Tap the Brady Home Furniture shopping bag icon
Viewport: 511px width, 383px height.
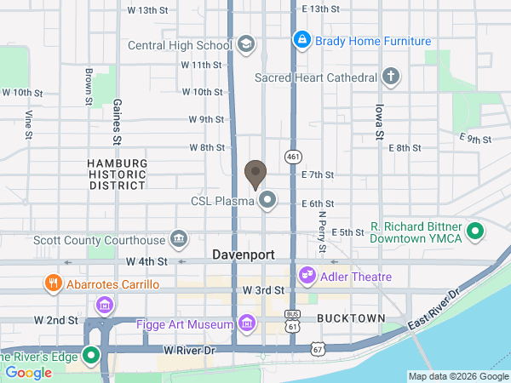click(x=301, y=39)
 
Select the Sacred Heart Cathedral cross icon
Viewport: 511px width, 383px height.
click(x=391, y=77)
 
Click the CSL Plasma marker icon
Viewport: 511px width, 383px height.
click(x=268, y=201)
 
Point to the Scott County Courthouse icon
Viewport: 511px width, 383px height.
click(x=179, y=239)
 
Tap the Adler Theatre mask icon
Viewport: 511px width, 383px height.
click(x=307, y=277)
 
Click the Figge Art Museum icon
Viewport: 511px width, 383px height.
click(x=248, y=323)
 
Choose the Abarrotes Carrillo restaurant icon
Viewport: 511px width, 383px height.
click(x=53, y=283)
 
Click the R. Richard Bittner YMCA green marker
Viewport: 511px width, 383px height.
click(x=477, y=231)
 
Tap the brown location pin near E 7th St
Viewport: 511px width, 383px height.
click(x=255, y=174)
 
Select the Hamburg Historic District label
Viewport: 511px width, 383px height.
click(x=118, y=174)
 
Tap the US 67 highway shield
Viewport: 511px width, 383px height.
click(x=318, y=349)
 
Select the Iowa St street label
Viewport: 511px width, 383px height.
click(x=380, y=123)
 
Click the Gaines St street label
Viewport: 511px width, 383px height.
click(x=116, y=120)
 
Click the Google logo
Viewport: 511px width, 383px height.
click(x=29, y=372)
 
